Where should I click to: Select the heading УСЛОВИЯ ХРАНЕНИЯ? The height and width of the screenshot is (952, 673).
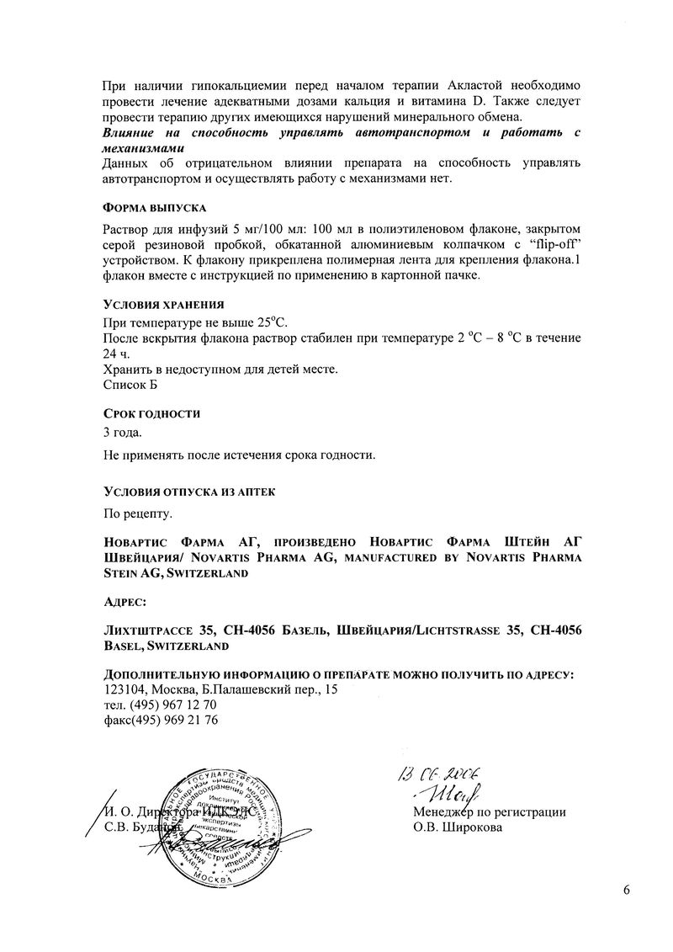click(x=162, y=304)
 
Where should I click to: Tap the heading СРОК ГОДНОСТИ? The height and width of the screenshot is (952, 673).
click(x=151, y=414)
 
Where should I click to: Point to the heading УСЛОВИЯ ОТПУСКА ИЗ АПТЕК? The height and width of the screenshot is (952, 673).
click(x=188, y=491)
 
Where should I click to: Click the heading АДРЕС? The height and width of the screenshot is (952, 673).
click(x=124, y=603)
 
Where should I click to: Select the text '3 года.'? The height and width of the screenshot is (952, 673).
click(x=122, y=433)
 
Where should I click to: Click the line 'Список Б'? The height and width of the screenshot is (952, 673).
click(x=130, y=385)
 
